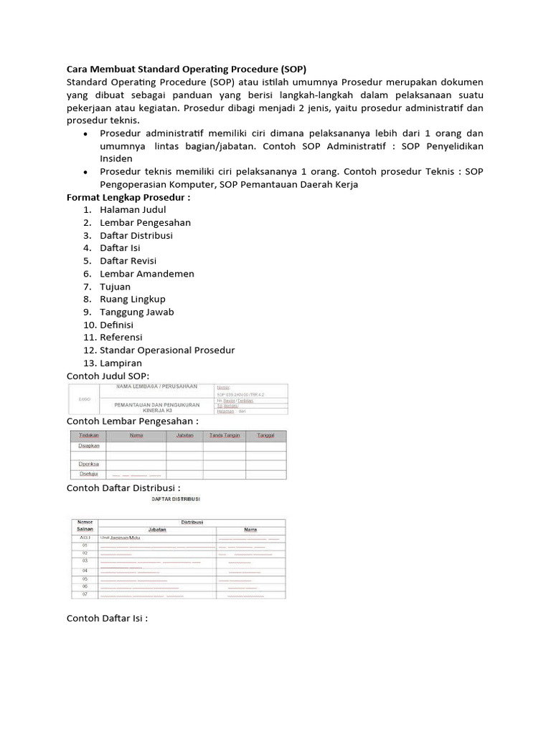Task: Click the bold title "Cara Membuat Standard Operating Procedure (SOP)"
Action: pos(186,70)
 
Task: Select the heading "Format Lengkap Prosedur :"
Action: pos(128,197)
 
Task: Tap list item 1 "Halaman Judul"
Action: pos(133,210)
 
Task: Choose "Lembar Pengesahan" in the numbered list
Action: pos(145,223)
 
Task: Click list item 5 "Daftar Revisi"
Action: pos(128,261)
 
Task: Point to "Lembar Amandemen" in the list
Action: pos(147,274)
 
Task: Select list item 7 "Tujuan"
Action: pos(115,287)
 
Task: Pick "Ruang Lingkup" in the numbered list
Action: pos(133,299)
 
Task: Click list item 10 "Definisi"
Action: pos(116,325)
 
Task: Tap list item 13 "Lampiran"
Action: pos(121,363)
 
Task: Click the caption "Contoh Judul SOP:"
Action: pos(108,376)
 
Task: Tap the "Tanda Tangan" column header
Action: pos(225,436)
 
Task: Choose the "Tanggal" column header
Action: pos(265,436)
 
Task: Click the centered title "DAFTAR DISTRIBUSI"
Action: pos(175,499)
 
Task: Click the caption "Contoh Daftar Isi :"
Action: pos(107,618)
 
